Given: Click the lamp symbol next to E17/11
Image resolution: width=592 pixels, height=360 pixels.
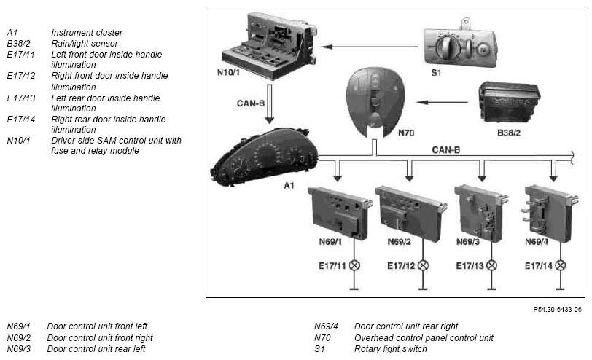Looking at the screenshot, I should click(x=355, y=265).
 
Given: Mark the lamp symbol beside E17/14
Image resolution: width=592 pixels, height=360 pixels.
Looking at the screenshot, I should click(x=560, y=265).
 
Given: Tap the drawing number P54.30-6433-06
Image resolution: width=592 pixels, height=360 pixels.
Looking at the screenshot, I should click(x=557, y=310).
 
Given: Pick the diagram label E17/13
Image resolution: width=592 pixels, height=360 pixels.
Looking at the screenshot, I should click(x=470, y=266).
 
